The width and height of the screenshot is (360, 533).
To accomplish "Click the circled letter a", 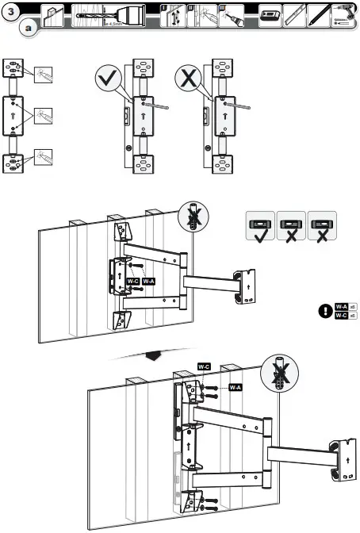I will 29,29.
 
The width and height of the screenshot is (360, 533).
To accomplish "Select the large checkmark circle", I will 108,79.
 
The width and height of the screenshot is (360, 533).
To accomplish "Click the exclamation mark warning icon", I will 324,310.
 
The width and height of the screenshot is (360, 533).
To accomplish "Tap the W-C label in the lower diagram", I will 204,366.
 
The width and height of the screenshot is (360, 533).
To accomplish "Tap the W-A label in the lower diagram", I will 235,387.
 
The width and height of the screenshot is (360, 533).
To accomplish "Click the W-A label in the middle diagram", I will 147,282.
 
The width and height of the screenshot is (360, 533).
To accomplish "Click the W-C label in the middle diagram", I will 132,282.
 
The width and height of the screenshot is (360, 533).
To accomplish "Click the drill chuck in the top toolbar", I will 131,16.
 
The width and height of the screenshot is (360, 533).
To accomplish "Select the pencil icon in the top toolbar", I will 319,16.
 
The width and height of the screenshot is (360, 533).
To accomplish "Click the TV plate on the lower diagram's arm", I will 346,460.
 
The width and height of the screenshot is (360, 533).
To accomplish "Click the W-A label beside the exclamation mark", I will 341,305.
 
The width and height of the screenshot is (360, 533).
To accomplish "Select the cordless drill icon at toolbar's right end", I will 346,16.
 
